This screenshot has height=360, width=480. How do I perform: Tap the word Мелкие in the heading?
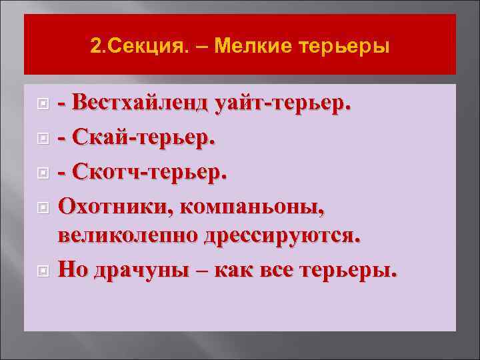249,48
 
